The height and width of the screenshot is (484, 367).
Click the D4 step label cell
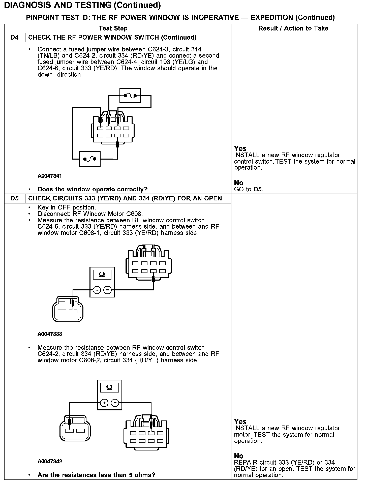pos(15,38)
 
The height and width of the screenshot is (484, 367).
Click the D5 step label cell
pos(15,198)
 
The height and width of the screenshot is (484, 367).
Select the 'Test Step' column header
pos(113,28)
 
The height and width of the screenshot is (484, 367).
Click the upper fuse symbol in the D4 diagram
pos(130,96)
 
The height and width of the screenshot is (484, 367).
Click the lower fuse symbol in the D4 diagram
pos(90,159)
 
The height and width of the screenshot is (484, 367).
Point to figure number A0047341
pos(50,176)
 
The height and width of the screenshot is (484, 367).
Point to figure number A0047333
pos(50,334)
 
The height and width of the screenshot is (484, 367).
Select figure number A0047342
pos(50,462)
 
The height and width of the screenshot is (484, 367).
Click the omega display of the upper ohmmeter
pos(102,275)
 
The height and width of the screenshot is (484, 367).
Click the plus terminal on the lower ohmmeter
pos(104,403)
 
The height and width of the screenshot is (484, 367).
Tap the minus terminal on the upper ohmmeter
pos(108,290)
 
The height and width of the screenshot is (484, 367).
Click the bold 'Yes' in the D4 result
pos(240,148)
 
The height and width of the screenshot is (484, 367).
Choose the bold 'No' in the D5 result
pos(238,456)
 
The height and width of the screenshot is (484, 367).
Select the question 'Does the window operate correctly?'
pos(92,189)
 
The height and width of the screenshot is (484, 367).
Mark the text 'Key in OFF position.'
pos(67,207)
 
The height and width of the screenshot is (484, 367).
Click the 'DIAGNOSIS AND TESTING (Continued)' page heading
pos(82,5)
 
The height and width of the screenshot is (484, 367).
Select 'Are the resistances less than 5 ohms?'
pos(96,475)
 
